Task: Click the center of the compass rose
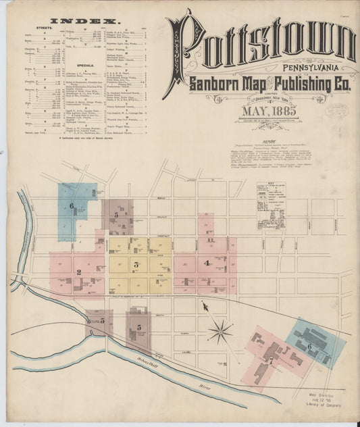(x=220, y=332)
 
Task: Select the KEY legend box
(x=271, y=199)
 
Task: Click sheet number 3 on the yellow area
(x=136, y=264)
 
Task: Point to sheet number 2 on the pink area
(x=79, y=272)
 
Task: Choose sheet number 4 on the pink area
(x=207, y=263)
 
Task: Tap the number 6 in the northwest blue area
(x=72, y=205)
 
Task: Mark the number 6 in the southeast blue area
(x=309, y=345)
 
